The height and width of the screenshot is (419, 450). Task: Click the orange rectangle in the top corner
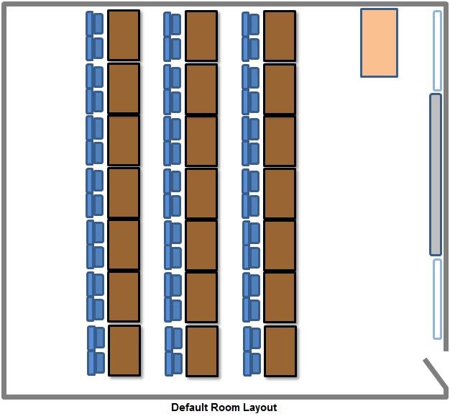point(379,42)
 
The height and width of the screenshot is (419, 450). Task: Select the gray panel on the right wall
point(435,174)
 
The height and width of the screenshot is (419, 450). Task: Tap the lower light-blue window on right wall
point(437,298)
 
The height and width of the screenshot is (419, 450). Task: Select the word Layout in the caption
point(260,407)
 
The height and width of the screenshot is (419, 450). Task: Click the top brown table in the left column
point(124,35)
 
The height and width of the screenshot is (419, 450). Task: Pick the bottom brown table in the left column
point(124,351)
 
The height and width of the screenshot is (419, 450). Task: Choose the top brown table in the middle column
point(201,36)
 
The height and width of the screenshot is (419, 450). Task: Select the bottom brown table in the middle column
point(202,351)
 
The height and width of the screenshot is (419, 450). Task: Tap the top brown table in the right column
point(280,36)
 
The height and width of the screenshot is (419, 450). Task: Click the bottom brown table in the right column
point(280,351)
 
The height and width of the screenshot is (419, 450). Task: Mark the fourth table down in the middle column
point(201,193)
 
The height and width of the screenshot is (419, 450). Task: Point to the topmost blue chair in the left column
point(95,24)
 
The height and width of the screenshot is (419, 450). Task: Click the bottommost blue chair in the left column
point(96,363)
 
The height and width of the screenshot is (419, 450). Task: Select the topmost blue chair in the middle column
point(173,24)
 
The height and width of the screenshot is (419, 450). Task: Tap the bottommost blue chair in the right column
point(252,364)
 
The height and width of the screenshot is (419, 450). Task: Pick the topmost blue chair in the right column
point(251,24)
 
